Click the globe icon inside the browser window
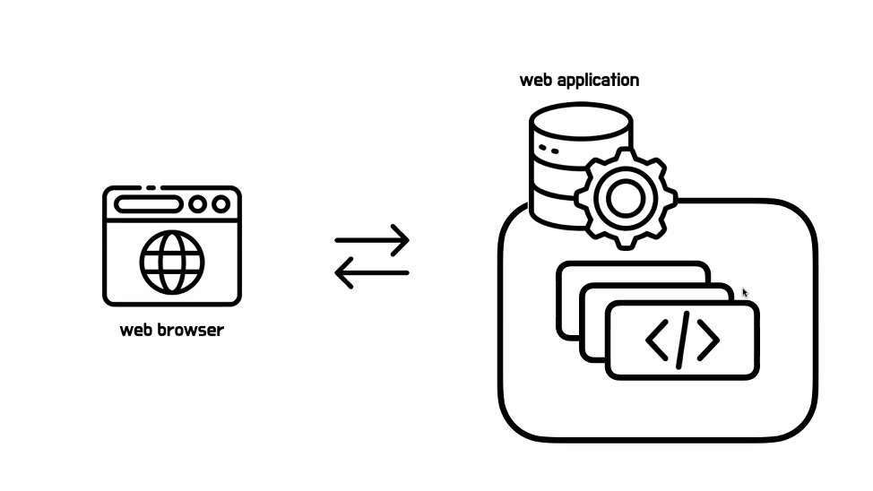click(x=171, y=262)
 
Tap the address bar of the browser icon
click(x=149, y=205)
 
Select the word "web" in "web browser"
click(x=136, y=330)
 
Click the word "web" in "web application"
click(x=536, y=80)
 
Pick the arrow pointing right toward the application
click(x=372, y=240)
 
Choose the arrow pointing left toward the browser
click(x=372, y=272)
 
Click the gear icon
click(x=625, y=198)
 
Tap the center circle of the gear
click(x=625, y=198)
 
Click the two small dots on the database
click(x=549, y=150)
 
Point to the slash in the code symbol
click(x=683, y=340)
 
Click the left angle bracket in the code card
click(x=657, y=340)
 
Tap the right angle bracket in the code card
click(x=708, y=340)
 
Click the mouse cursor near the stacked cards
click(x=745, y=292)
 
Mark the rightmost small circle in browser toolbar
click(x=220, y=205)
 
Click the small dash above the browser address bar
click(x=151, y=188)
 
